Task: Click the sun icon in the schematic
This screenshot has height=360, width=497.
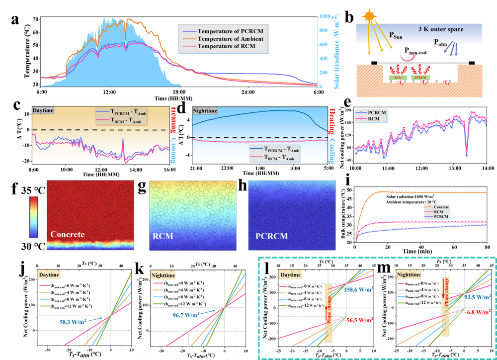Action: coord(370,17)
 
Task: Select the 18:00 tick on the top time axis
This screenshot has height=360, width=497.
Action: coord(178,92)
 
